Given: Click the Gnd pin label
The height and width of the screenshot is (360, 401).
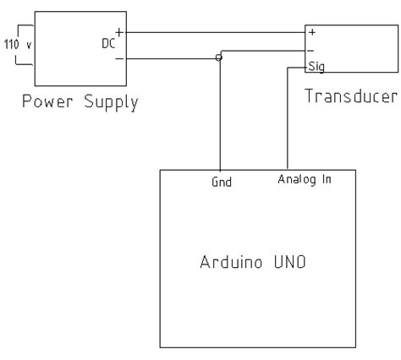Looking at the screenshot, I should (x=220, y=181).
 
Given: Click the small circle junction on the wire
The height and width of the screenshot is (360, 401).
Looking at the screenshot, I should (x=219, y=57).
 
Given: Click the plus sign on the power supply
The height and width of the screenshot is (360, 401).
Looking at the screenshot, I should (x=118, y=33).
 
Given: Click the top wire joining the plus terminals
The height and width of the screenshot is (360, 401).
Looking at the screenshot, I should (x=211, y=34).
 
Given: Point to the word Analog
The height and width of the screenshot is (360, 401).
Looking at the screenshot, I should (x=293, y=179).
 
